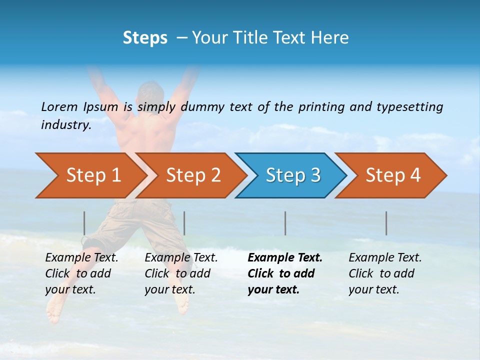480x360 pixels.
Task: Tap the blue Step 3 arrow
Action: [x=293, y=175]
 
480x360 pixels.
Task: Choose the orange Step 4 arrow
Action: [x=393, y=175]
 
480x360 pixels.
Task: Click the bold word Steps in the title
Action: [x=145, y=38]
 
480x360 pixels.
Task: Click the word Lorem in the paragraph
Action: [x=59, y=106]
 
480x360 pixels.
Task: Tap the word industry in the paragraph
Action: [x=65, y=124]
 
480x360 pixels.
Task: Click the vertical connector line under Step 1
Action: [x=84, y=223]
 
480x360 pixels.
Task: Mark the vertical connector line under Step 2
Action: [x=184, y=223]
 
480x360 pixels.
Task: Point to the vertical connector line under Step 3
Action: [x=285, y=223]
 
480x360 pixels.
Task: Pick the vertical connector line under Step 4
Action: [x=386, y=223]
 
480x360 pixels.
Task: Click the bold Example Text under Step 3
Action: [x=285, y=258]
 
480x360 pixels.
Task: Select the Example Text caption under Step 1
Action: [x=81, y=258]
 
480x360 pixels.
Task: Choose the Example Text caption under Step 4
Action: [x=385, y=258]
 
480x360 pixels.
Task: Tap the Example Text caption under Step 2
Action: [x=181, y=258]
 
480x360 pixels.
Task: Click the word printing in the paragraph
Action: [x=317, y=106]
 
